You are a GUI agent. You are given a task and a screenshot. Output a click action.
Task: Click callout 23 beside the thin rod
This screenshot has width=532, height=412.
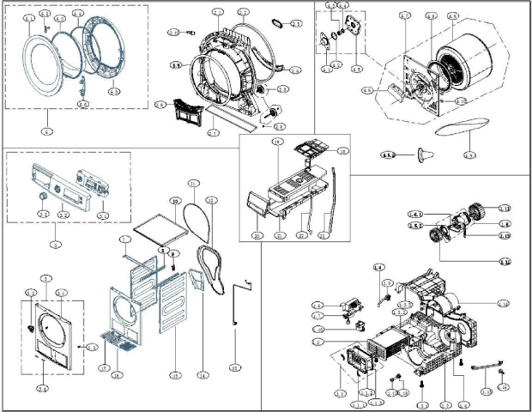coord(323,234)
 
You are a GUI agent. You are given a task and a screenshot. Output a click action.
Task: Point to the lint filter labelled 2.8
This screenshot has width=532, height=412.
coord(183,112)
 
